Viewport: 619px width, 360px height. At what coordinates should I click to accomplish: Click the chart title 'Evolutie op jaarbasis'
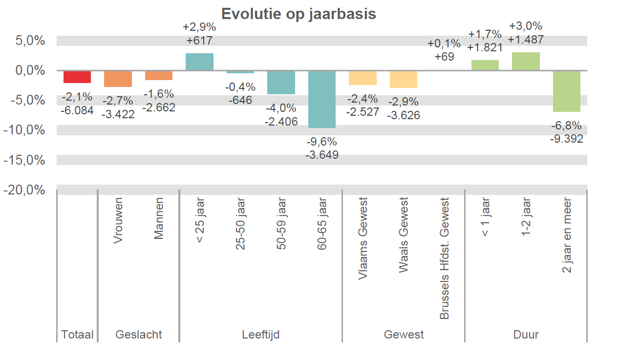click(299, 14)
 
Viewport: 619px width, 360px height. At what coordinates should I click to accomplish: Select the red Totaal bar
click(77, 77)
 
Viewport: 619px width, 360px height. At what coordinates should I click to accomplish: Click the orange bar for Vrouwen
click(118, 79)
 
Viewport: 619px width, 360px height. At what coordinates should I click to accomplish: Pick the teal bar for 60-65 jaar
click(321, 99)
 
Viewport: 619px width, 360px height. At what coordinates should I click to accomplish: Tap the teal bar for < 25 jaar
click(199, 62)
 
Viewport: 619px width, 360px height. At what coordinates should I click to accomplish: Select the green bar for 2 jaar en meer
click(566, 91)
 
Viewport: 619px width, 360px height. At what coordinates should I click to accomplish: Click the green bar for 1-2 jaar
click(526, 61)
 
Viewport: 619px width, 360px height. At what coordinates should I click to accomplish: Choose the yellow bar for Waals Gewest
click(403, 79)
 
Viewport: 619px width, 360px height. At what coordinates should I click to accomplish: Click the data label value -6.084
click(77, 110)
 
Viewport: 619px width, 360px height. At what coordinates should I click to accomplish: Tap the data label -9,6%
click(321, 142)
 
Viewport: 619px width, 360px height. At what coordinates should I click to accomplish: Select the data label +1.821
click(485, 47)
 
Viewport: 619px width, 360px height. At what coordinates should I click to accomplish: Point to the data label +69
click(444, 56)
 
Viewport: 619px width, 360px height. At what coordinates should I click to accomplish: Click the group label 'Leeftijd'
click(260, 335)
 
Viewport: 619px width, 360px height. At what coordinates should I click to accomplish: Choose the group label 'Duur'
click(526, 335)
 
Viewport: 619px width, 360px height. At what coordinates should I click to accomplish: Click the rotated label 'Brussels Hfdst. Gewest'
click(444, 258)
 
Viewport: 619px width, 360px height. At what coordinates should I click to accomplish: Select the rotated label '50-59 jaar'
click(281, 224)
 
